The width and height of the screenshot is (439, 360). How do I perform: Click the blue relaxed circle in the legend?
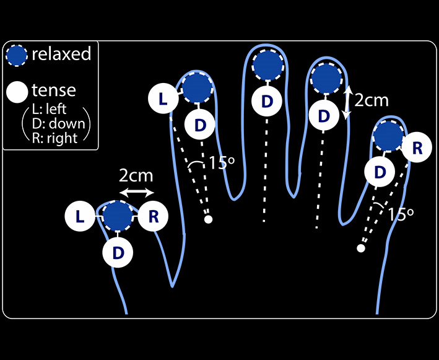[x=17, y=55]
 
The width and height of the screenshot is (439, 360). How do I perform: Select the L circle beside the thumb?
[x=80, y=216]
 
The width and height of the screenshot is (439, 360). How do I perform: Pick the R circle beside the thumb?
[x=154, y=216]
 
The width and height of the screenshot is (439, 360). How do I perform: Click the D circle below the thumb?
[x=118, y=253]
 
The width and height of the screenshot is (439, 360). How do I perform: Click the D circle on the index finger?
[x=200, y=125]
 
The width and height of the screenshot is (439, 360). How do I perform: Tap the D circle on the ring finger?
[x=324, y=115]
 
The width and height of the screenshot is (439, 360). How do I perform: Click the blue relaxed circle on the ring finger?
[x=326, y=79]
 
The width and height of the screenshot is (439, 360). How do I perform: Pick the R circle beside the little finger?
[x=417, y=148]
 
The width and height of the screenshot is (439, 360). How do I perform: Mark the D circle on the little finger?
[x=381, y=171]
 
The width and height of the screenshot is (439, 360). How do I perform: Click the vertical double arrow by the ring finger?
[x=347, y=102]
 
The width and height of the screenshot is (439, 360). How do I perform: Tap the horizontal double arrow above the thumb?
[x=136, y=193]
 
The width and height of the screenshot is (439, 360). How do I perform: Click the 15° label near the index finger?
[x=221, y=164]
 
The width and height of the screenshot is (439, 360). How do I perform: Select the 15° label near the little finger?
[x=401, y=214]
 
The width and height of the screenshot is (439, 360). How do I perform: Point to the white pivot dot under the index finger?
[x=209, y=219]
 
